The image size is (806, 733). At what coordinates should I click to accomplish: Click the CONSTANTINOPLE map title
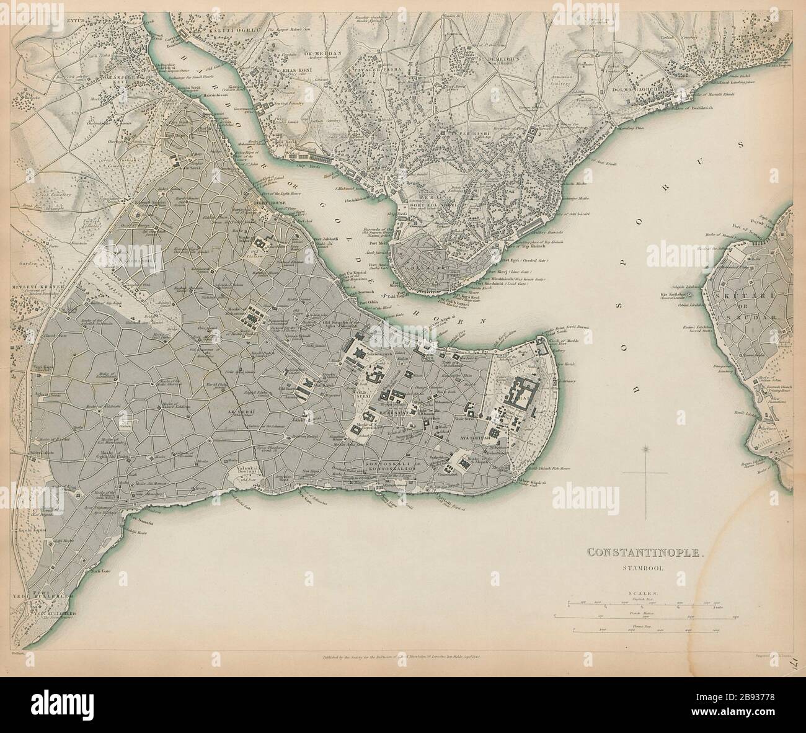pos(645,551)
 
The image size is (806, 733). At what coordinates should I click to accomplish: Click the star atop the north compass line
pos(647,448)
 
